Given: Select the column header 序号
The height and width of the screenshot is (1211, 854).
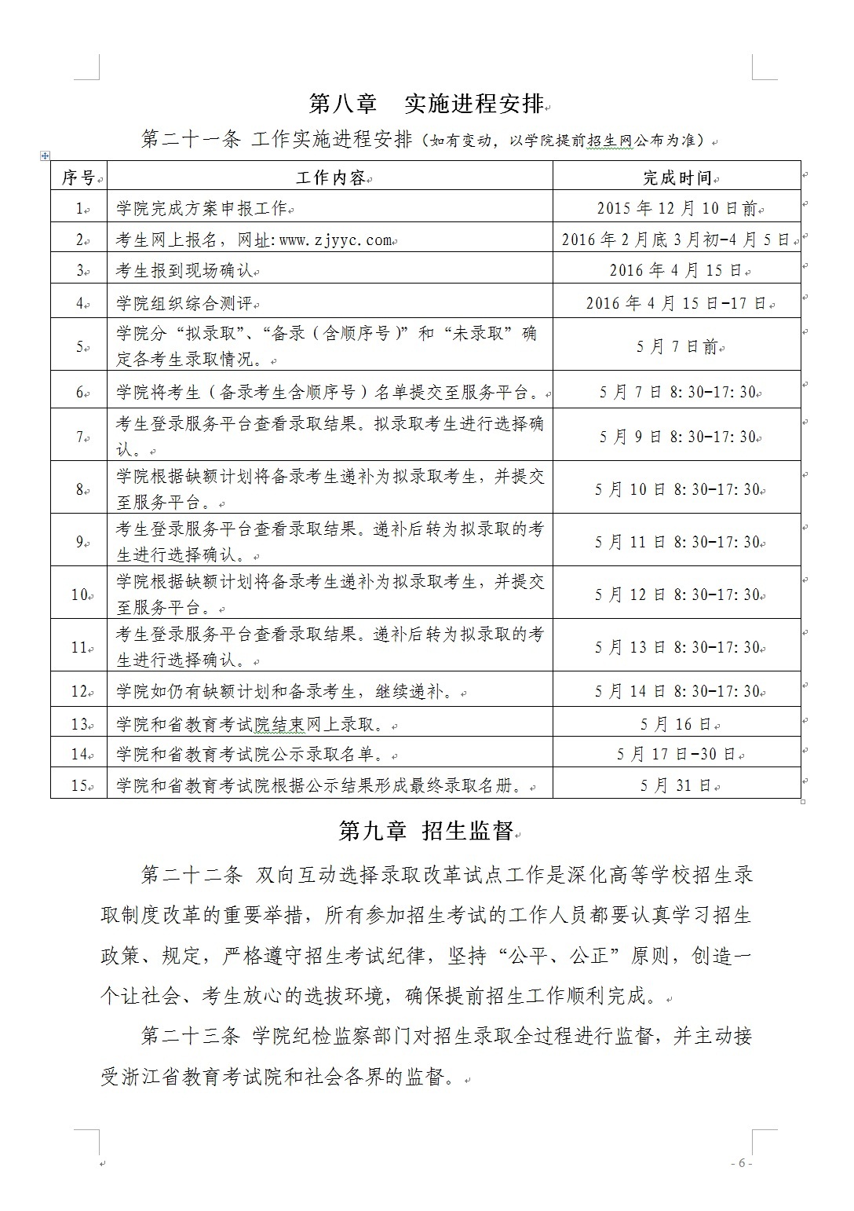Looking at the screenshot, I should click(x=78, y=178).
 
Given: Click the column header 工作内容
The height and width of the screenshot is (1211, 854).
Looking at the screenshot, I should click(x=330, y=178).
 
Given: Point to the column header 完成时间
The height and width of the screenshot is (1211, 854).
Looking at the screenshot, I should click(x=677, y=178).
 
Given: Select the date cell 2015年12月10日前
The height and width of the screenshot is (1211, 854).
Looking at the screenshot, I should click(x=677, y=208).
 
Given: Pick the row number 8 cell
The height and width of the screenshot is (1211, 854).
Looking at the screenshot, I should click(x=79, y=489).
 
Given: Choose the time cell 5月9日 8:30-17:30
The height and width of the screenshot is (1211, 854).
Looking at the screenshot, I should click(x=677, y=437).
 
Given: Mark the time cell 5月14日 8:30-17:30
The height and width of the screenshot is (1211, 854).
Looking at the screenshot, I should click(x=677, y=691).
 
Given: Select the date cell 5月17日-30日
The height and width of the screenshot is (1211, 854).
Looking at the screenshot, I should click(x=677, y=754).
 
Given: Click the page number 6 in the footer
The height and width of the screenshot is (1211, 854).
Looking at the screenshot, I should click(x=742, y=1163).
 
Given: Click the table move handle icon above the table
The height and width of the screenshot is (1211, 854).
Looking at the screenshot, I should click(x=45, y=155).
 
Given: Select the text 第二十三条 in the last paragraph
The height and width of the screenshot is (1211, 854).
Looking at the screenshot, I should click(x=189, y=1036).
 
